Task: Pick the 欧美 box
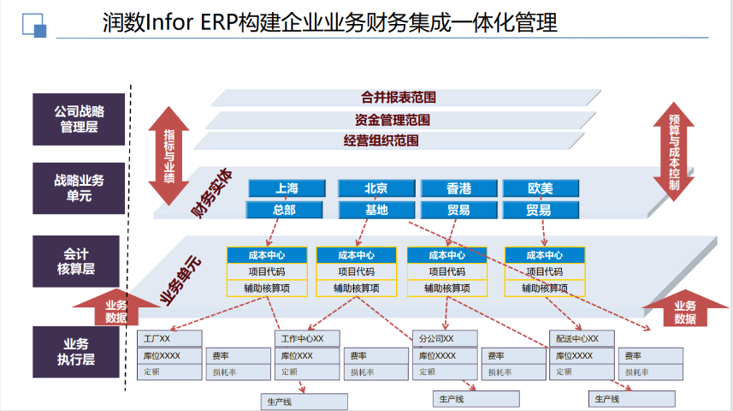click(x=541, y=188)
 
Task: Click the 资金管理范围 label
click(x=393, y=120)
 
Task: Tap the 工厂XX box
click(x=169, y=338)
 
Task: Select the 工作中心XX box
click(x=307, y=338)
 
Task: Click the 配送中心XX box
click(x=582, y=338)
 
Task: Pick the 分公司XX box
click(x=444, y=338)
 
